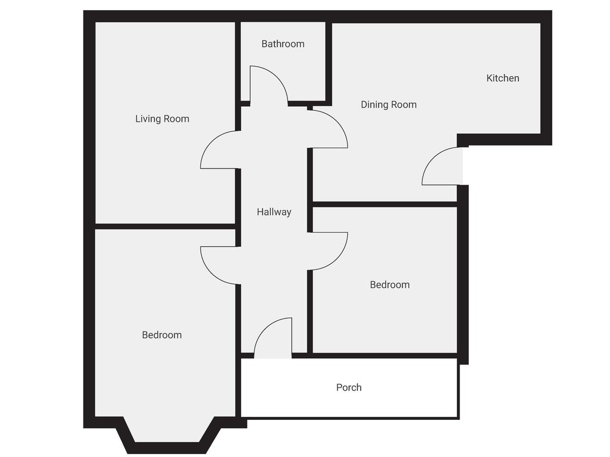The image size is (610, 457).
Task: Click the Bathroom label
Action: [x=283, y=44]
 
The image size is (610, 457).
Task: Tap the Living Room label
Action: [x=162, y=119]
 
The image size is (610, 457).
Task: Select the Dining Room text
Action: [x=389, y=105]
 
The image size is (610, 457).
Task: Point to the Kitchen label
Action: [x=503, y=78]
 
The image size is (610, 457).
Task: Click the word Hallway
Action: [x=274, y=212]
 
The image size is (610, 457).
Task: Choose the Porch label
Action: [x=349, y=387]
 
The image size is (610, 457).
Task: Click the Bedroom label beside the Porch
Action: [x=390, y=285]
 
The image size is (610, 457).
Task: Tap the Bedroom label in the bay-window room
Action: [x=162, y=335]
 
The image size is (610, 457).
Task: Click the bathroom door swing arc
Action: [x=277, y=77]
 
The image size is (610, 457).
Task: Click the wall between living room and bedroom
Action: [x=165, y=226]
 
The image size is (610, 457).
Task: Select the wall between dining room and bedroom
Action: [x=385, y=205]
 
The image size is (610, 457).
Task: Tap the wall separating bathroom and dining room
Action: [x=329, y=62]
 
